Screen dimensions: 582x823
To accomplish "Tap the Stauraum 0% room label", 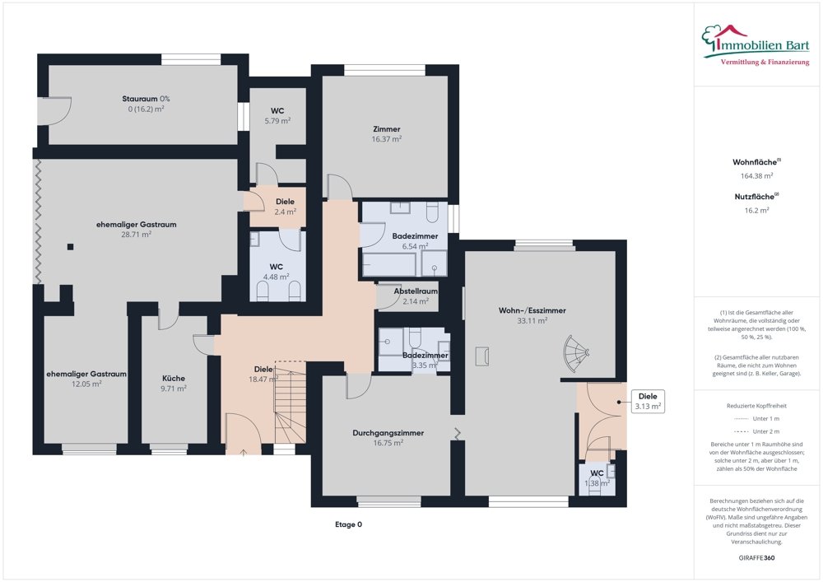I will [x=146, y=99].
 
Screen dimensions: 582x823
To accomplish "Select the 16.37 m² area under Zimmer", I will [x=386, y=139].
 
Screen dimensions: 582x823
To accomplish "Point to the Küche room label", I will [x=174, y=379].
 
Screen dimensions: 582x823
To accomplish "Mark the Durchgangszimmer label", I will [x=377, y=432].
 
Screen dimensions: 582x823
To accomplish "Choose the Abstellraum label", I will [x=416, y=291].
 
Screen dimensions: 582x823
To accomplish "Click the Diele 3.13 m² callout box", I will [x=649, y=401].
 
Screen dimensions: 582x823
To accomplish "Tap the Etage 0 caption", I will [x=348, y=524].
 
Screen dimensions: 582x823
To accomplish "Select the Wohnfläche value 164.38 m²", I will [x=757, y=175].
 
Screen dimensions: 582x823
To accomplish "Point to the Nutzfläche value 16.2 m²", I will [x=757, y=210].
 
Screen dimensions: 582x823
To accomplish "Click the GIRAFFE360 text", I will [x=757, y=557].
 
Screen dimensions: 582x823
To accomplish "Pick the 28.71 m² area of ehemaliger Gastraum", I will [x=136, y=234].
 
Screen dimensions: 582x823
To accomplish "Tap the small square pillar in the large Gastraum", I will [x=72, y=246].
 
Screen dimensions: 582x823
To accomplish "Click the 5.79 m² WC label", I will [x=277, y=120].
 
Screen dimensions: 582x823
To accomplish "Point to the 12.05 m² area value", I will [x=86, y=384].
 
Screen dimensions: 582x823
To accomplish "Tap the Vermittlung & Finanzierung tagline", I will [x=765, y=63].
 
